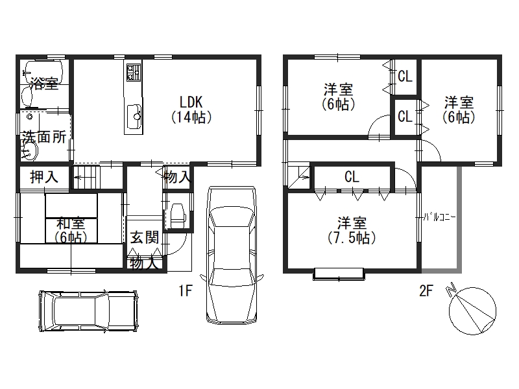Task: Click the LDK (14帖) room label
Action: point(191,110)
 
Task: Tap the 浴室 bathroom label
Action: point(44,83)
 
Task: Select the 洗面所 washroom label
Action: point(44,137)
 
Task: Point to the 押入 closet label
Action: point(44,177)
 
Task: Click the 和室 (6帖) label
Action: point(71,230)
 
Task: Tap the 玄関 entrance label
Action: point(144,237)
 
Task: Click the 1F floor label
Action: point(186,290)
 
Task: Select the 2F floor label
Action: point(426,290)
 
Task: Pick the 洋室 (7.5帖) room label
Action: point(352,230)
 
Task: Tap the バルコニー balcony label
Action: point(440,218)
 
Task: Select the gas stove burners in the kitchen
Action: point(134,73)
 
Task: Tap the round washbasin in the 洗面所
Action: point(30,152)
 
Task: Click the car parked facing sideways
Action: point(88,311)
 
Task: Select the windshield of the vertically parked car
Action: point(231,217)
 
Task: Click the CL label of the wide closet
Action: point(352,177)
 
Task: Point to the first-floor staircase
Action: point(86,178)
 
